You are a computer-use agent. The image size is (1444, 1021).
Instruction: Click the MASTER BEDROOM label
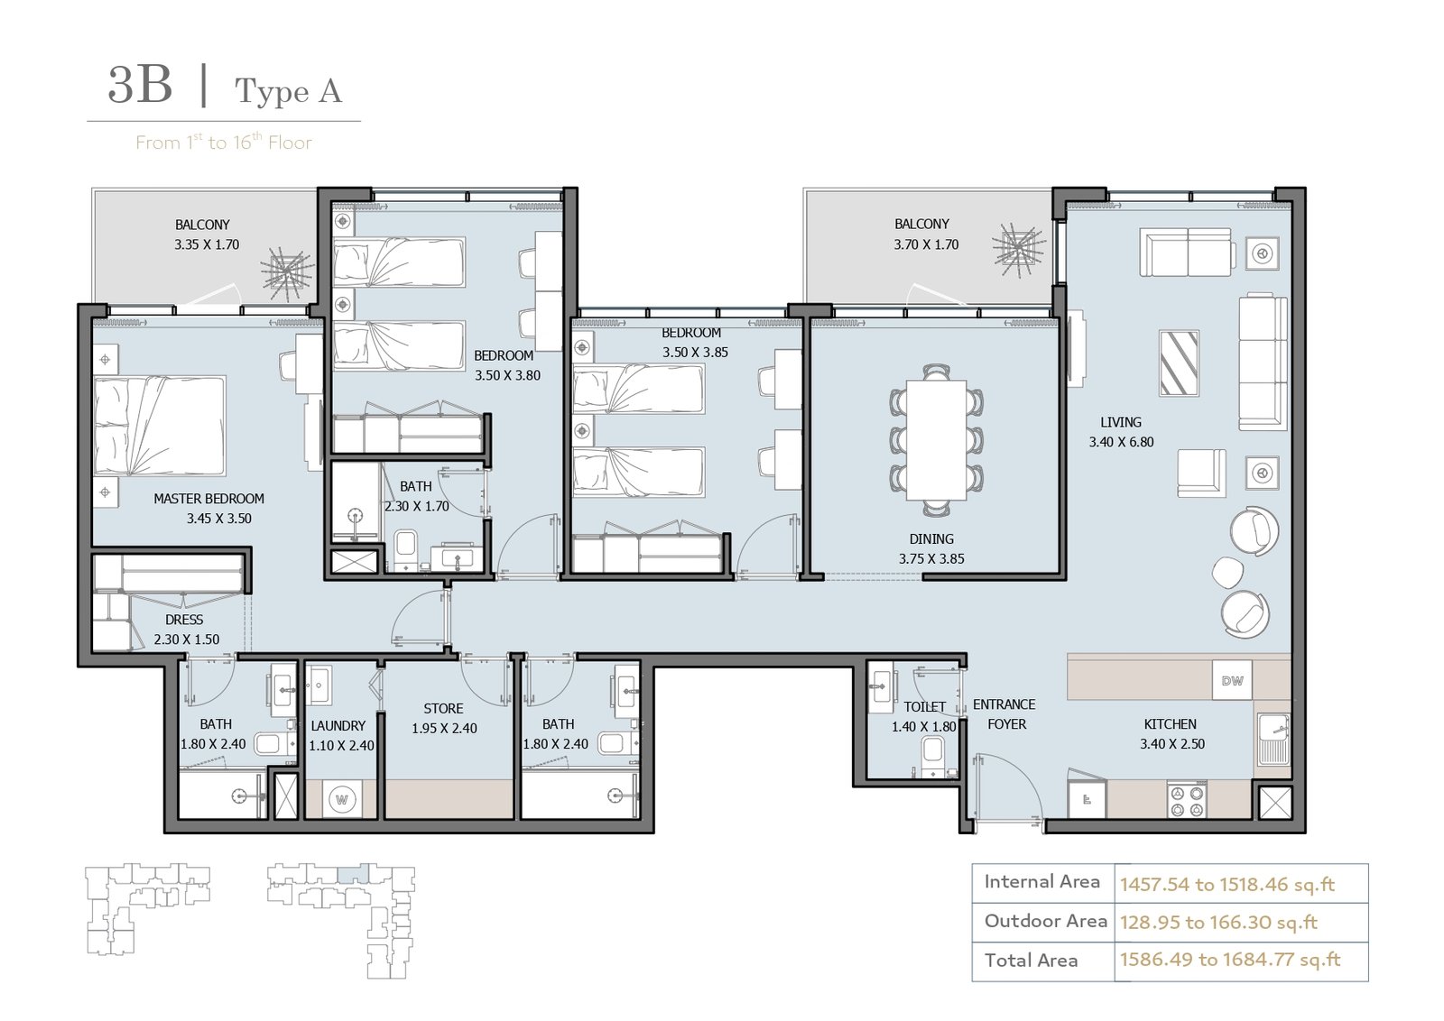pyautogui.click(x=208, y=499)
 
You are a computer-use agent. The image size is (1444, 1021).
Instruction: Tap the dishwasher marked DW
pyautogui.click(x=1232, y=680)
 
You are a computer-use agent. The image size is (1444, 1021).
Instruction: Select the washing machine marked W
pyautogui.click(x=342, y=800)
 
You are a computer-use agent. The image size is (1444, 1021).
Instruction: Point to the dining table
pyautogui.click(x=936, y=440)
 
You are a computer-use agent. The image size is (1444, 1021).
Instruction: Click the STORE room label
pyautogui.click(x=443, y=709)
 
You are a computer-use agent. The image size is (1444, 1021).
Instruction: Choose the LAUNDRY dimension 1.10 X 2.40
pyautogui.click(x=342, y=745)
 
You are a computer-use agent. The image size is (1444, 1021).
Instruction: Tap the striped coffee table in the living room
pyautogui.click(x=1179, y=363)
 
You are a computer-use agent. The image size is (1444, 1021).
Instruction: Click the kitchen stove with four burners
pyautogui.click(x=1187, y=800)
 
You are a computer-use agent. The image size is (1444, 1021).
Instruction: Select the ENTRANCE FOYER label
pyautogui.click(x=1004, y=714)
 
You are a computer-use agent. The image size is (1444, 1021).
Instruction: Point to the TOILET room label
pyautogui.click(x=925, y=707)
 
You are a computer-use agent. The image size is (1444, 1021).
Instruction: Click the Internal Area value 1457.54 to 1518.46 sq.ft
pyautogui.click(x=1227, y=885)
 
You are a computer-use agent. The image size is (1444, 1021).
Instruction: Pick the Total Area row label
pyautogui.click(x=1031, y=961)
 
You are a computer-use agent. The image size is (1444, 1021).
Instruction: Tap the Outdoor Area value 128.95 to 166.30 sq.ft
pyautogui.click(x=1219, y=923)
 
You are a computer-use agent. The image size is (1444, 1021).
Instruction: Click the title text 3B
pyautogui.click(x=140, y=85)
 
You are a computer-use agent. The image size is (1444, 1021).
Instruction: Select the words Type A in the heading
pyautogui.click(x=288, y=91)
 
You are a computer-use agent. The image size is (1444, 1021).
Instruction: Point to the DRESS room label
pyautogui.click(x=184, y=620)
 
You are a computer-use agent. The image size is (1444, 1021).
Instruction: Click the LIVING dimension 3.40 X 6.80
pyautogui.click(x=1121, y=442)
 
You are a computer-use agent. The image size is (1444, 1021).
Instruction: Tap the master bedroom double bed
pyautogui.click(x=160, y=427)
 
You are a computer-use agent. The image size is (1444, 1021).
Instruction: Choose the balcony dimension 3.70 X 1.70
pyautogui.click(x=926, y=244)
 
